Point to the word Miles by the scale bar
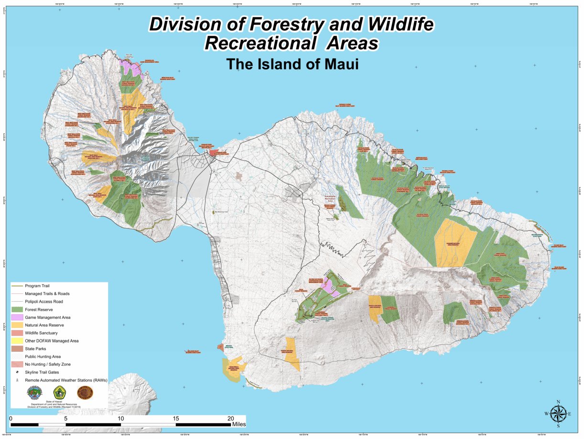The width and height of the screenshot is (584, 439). point(239,424)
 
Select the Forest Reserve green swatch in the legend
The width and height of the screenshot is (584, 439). point(17,309)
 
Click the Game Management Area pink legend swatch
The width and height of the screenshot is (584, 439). point(17,317)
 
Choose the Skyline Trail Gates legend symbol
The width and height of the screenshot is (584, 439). point(17,372)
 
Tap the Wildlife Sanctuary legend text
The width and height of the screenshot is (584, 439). point(41,333)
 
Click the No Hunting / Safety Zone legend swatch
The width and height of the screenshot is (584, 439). point(17,364)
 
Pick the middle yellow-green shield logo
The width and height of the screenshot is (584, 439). point(60,393)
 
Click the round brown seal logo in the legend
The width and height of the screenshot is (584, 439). point(85,393)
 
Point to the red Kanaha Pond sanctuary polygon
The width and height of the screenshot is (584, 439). point(213,152)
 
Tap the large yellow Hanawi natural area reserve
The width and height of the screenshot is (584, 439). point(454,242)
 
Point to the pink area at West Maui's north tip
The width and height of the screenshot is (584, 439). point(131,67)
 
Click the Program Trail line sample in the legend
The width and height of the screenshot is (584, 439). point(17,286)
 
